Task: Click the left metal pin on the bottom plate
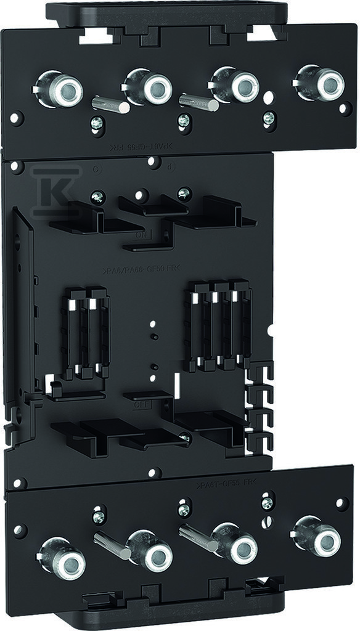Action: click(112, 544)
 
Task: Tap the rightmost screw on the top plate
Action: click(268, 116)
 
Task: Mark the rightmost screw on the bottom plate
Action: click(267, 503)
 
